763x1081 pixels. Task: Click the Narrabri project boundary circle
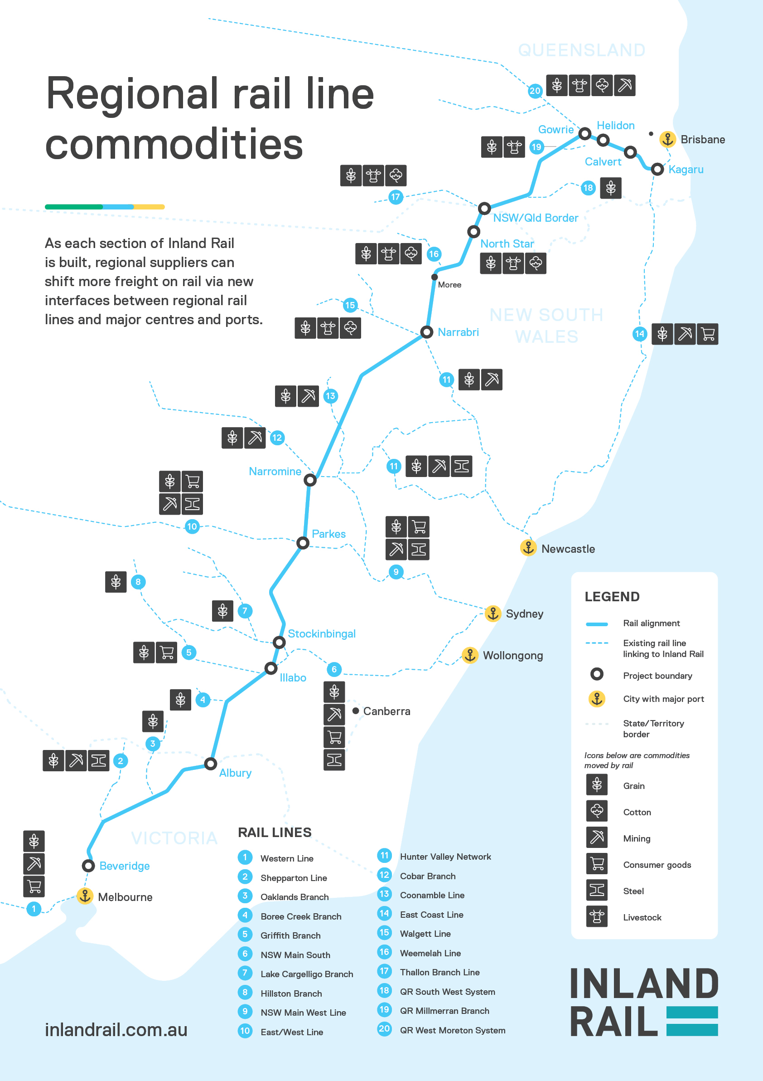pyautogui.click(x=426, y=332)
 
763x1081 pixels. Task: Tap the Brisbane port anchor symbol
pyautogui.click(x=667, y=139)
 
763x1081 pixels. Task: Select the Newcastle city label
pyautogui.click(x=568, y=549)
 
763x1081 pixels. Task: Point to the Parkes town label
pyautogui.click(x=328, y=534)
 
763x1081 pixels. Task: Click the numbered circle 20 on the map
pyautogui.click(x=535, y=90)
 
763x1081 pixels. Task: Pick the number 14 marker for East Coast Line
pyautogui.click(x=639, y=334)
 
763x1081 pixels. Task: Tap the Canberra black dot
pyautogui.click(x=356, y=711)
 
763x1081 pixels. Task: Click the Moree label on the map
pyautogui.click(x=449, y=285)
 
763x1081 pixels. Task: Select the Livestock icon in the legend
pyautogui.click(x=596, y=917)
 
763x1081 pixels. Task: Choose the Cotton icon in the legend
pyautogui.click(x=596, y=811)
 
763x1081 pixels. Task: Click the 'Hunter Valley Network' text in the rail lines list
pyautogui.click(x=445, y=857)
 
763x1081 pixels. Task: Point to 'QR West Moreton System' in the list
pyautogui.click(x=453, y=1030)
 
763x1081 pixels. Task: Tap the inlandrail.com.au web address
pyautogui.click(x=116, y=1030)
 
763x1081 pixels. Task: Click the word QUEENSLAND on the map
pyautogui.click(x=581, y=50)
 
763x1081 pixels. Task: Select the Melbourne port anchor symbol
pyautogui.click(x=85, y=896)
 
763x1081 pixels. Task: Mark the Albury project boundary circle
pyautogui.click(x=210, y=763)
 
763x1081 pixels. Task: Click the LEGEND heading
pyautogui.click(x=612, y=597)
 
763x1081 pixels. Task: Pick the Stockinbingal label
pyautogui.click(x=321, y=634)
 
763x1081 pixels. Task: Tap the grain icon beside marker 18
pyautogui.click(x=611, y=188)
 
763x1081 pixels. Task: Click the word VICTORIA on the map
pyautogui.click(x=174, y=838)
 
